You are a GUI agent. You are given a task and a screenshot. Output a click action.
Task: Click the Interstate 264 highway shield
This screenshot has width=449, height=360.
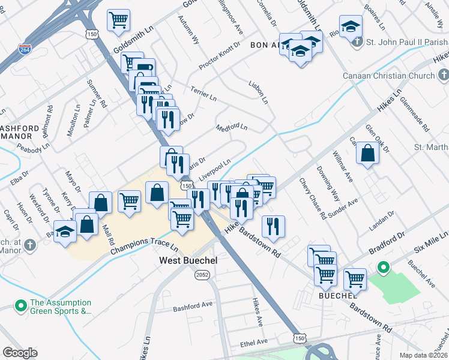point(25,49)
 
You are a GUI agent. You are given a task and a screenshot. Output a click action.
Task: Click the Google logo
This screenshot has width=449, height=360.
point(20,353)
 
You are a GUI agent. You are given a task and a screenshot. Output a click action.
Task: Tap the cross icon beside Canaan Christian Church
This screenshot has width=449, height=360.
point(444,76)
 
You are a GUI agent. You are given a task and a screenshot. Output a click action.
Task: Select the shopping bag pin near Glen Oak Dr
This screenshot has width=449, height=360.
point(367,154)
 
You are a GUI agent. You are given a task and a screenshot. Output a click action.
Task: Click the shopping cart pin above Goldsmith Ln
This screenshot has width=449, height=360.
point(118,20)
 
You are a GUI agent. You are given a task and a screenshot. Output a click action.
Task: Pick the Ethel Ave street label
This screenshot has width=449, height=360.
point(253,342)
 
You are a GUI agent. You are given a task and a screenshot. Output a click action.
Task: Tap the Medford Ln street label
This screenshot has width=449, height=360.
point(232,127)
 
